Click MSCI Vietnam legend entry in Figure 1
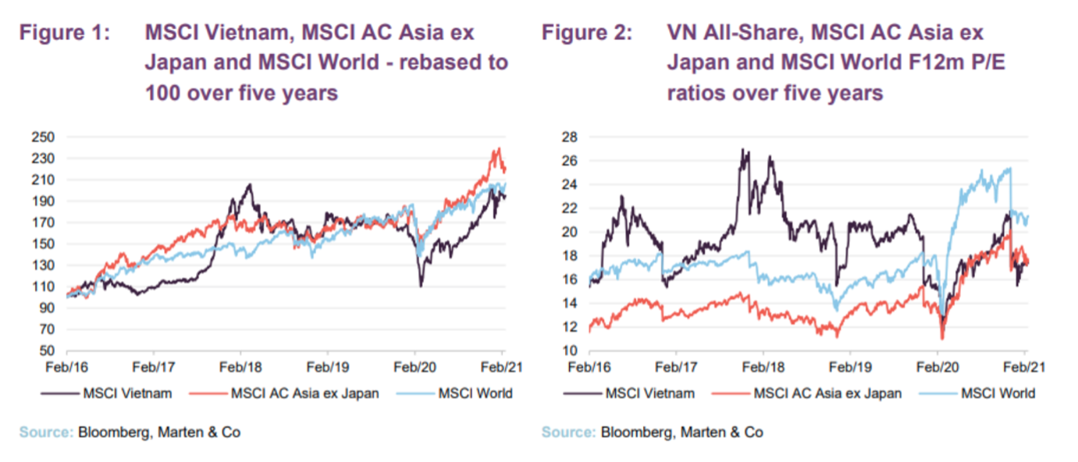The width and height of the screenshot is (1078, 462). [x=127, y=393]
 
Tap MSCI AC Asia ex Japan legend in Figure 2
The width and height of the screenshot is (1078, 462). [x=827, y=393]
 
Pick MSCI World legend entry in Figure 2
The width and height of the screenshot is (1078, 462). [x=997, y=393]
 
